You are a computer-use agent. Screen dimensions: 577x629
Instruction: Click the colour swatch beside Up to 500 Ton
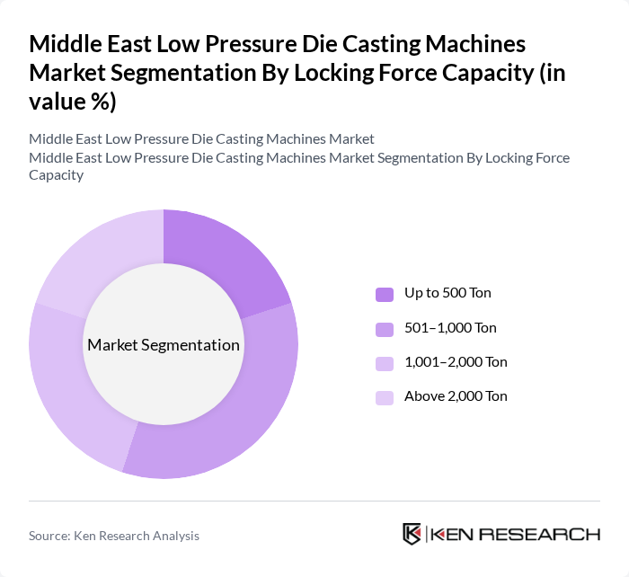tap(384, 294)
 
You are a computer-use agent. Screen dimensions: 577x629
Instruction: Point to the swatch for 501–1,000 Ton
tap(384, 329)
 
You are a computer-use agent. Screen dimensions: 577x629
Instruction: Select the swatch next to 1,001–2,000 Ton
tap(384, 363)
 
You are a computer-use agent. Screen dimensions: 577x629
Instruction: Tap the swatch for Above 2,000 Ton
tap(384, 397)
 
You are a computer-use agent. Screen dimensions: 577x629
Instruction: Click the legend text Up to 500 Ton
tap(447, 293)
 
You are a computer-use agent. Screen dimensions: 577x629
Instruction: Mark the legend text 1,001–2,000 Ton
tap(456, 362)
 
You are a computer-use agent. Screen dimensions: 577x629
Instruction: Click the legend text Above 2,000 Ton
tap(456, 396)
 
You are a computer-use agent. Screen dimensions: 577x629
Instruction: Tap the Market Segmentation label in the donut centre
tap(164, 345)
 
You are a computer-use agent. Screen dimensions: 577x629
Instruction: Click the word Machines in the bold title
tap(468, 44)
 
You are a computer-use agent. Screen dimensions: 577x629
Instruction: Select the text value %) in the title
tap(73, 102)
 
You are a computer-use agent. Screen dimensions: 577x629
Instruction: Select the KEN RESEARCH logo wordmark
tap(516, 534)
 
